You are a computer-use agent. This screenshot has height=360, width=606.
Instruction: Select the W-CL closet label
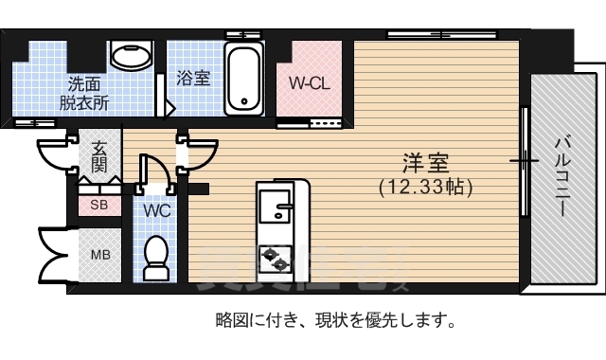pos(309,82)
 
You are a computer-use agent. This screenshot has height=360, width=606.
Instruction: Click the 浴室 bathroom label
pos(194,79)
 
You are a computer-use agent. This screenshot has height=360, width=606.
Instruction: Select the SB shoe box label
pos(98,204)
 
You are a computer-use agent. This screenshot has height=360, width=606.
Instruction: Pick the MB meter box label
pos(99,255)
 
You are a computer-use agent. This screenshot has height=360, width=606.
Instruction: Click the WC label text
pos(157,210)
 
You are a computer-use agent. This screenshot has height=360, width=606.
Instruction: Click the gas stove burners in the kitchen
pos(275,253)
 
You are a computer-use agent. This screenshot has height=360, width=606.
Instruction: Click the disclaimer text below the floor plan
pos(335,319)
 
